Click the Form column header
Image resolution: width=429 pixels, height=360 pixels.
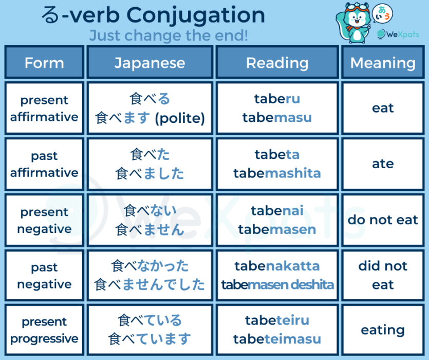44,63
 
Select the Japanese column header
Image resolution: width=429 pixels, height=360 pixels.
150,63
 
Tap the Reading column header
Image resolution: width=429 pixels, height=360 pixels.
277,63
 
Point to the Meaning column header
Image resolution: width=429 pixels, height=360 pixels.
383,63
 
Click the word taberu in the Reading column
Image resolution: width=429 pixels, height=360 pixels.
277,99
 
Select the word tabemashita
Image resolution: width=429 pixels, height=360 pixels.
277,173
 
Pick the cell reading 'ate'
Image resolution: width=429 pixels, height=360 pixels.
383,164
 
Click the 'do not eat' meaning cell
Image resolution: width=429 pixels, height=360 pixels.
383,220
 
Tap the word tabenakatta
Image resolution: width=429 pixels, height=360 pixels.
277,266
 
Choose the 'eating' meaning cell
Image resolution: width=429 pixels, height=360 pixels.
383,330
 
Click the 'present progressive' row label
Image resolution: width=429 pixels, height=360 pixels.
44,330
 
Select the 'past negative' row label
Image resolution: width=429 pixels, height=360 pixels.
44,275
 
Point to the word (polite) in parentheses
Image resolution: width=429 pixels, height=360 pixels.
180,118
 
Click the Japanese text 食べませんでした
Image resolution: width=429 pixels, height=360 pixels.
150,284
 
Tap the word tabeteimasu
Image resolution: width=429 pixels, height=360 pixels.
277,339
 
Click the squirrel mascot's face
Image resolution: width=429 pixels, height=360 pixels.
356,19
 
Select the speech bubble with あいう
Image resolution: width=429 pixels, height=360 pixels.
382,14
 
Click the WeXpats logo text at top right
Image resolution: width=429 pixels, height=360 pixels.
402,34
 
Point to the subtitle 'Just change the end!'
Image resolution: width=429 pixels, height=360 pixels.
169,35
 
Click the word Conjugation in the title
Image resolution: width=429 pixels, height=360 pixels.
196,15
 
